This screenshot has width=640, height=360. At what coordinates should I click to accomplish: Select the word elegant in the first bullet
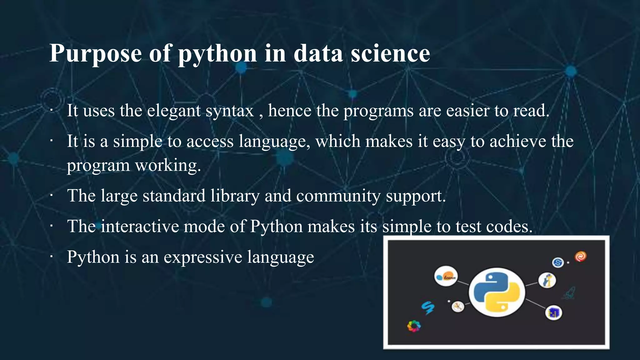coord(174,111)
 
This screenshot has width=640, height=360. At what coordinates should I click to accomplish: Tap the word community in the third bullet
coord(338,196)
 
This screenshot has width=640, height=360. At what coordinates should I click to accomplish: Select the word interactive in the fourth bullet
coord(140,227)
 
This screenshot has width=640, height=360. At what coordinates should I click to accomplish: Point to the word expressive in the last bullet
coord(203,257)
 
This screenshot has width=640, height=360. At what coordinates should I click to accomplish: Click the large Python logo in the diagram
coord(497,292)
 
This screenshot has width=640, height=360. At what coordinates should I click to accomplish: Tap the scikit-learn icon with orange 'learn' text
coord(446,276)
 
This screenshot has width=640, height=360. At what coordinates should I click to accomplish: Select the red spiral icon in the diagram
coord(581,257)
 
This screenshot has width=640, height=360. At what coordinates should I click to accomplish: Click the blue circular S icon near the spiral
coord(558,262)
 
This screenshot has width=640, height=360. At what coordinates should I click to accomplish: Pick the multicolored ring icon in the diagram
coord(414,326)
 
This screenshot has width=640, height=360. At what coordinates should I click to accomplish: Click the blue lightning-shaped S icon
coord(428,308)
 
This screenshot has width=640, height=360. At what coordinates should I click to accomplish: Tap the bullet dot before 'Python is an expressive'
coord(51,257)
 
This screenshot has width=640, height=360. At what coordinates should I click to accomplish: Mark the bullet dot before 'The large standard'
coord(51,196)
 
